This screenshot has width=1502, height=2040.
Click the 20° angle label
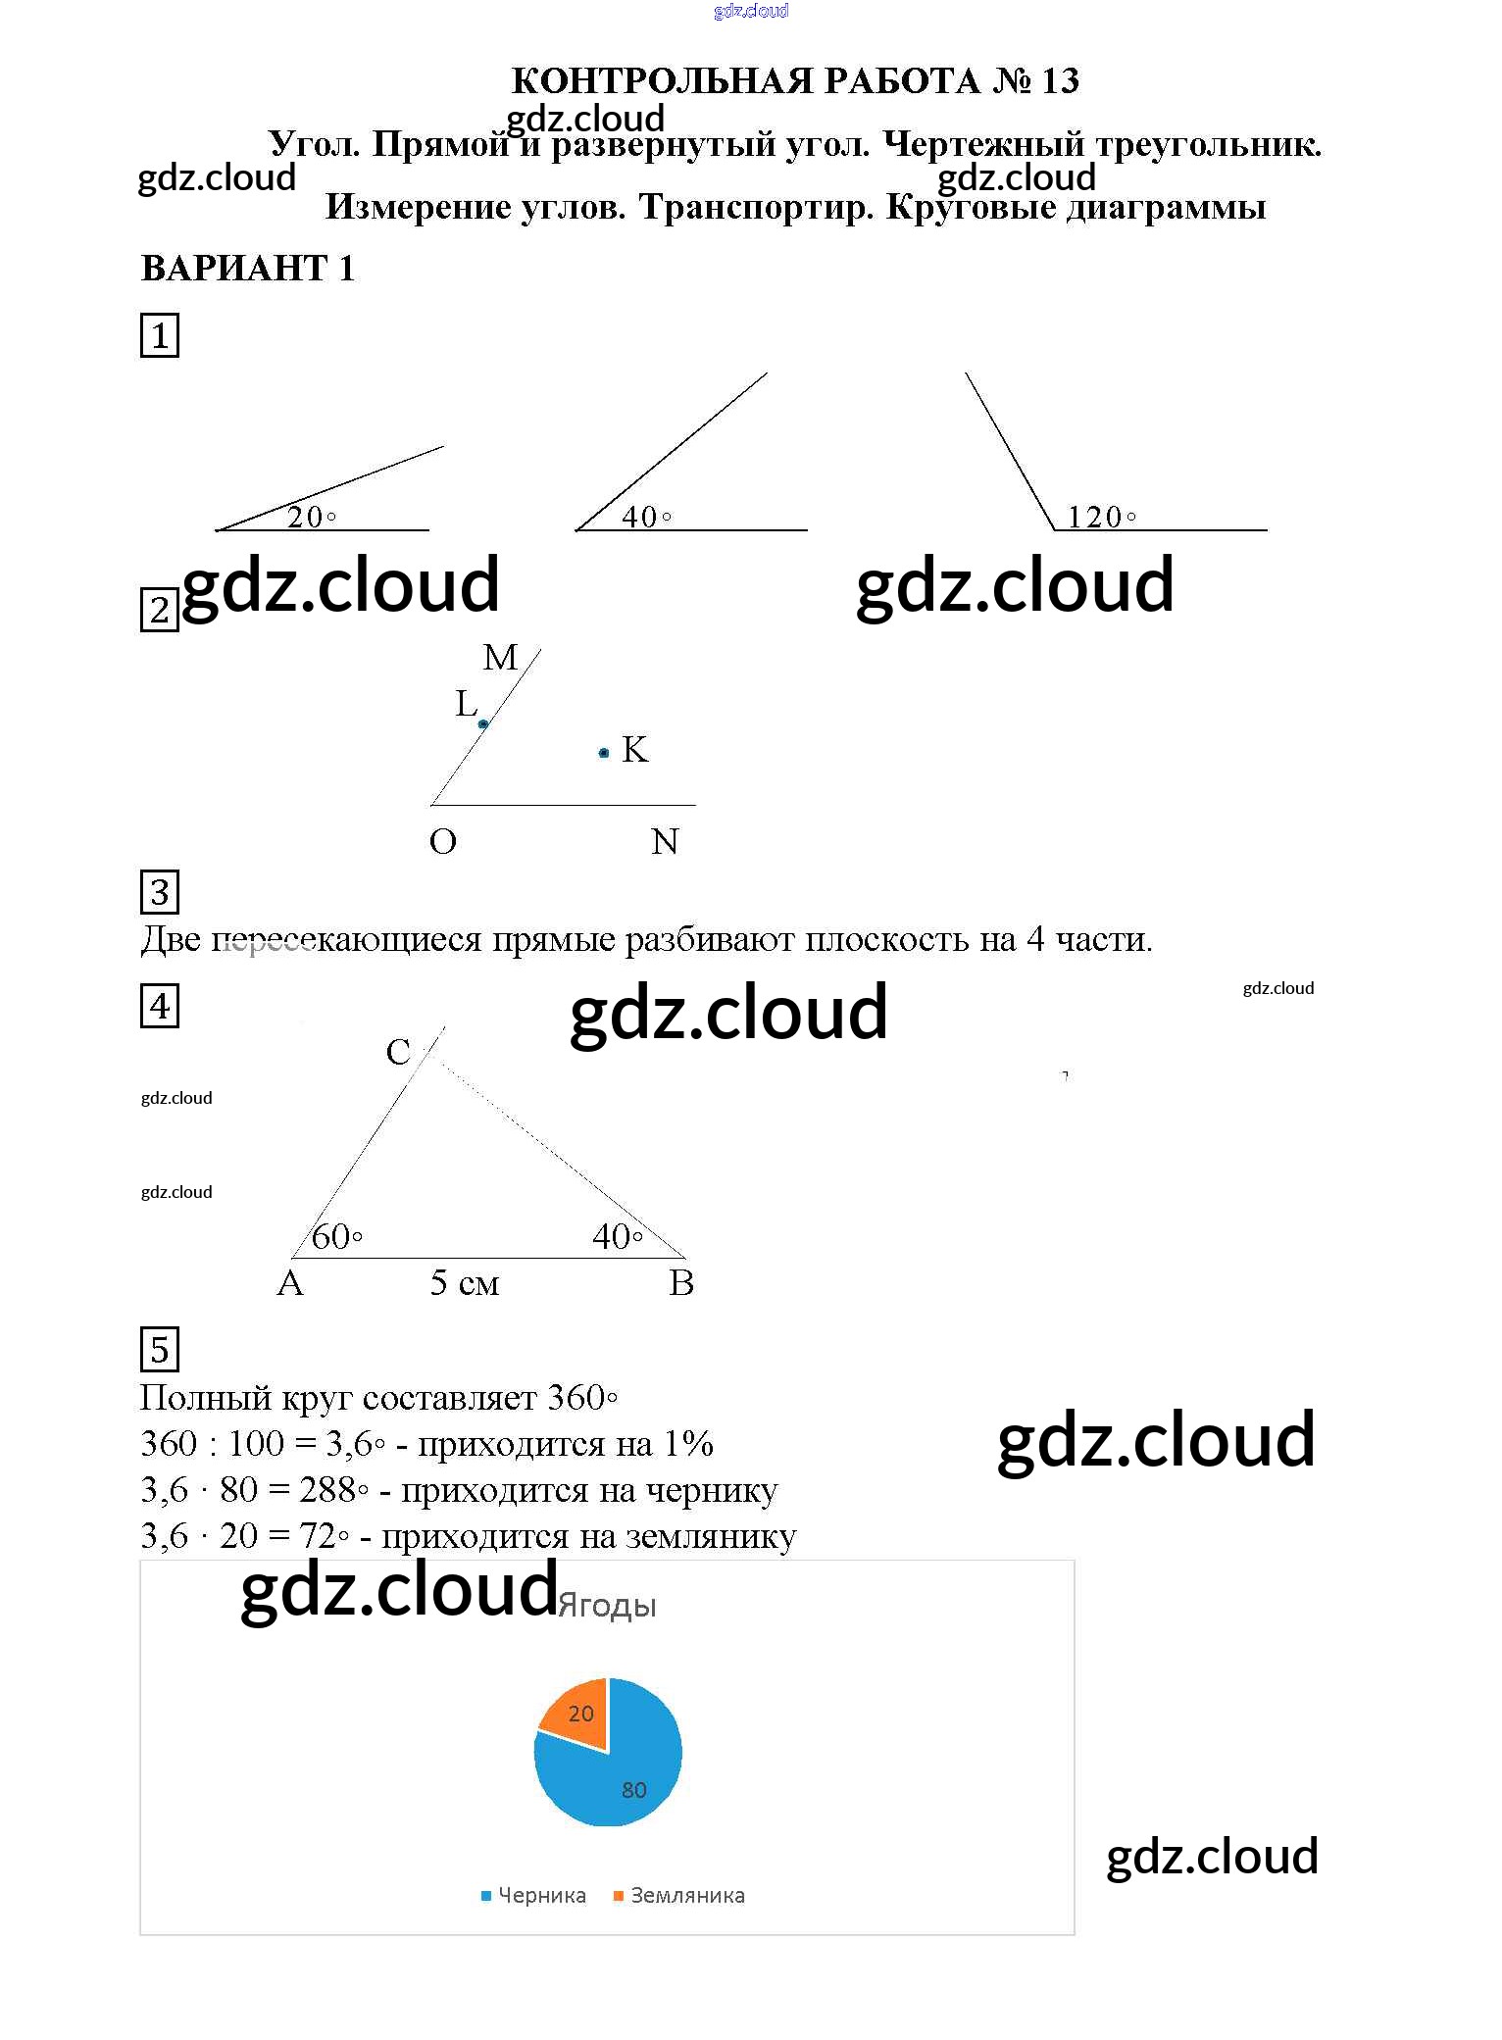point(311,517)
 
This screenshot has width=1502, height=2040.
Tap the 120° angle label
point(1101,517)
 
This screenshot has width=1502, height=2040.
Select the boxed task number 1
point(160,336)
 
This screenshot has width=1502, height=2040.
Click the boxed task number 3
point(160,892)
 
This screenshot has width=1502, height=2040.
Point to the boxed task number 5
point(160,1350)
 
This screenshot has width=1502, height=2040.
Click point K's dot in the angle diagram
point(604,753)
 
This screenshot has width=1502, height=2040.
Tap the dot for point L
point(483,724)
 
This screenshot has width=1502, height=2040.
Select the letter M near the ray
point(500,658)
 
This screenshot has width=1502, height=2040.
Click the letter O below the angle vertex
point(443,842)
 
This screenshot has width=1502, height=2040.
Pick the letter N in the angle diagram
point(665,842)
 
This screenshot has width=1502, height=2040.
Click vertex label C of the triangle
point(398,1053)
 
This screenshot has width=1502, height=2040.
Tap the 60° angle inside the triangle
point(336,1237)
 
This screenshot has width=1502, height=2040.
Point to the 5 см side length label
point(465,1283)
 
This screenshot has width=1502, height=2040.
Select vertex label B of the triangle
point(681,1283)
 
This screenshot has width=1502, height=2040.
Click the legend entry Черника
point(534,1896)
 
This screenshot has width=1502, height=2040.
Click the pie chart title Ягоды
point(607,1607)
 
